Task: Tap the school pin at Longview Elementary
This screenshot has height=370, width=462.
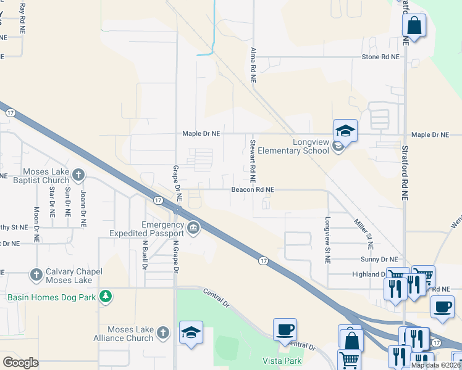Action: click(346, 131)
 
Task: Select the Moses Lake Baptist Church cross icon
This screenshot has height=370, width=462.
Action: click(78, 175)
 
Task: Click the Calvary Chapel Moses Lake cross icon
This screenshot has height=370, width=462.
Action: click(36, 273)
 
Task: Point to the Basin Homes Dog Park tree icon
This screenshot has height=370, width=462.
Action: click(106, 297)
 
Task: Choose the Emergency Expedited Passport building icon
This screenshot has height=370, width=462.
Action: click(193, 229)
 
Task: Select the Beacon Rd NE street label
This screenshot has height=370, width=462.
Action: click(253, 190)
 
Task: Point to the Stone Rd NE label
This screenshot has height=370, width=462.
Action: click(380, 57)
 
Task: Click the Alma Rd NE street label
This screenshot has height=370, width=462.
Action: click(253, 65)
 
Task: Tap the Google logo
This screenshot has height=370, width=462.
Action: click(20, 362)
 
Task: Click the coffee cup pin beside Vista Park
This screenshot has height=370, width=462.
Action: click(285, 330)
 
